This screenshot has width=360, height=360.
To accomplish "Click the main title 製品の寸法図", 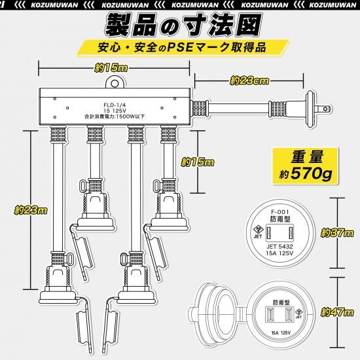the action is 183,26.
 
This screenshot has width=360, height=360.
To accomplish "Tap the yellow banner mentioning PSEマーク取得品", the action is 183,48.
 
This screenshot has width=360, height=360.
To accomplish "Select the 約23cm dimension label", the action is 249,81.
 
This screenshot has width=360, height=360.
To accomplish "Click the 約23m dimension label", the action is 31,210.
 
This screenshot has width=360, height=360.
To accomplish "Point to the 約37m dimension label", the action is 337,233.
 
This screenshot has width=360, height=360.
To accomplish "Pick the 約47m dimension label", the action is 337,312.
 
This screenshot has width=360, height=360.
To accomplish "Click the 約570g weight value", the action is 306,175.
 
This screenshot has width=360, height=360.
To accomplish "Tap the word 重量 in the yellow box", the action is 307,157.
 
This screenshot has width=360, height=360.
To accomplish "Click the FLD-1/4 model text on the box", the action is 115,105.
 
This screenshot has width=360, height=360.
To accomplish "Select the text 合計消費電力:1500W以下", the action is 115,117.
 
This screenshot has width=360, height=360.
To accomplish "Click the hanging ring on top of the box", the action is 115,82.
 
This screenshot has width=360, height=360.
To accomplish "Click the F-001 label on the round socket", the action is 280,212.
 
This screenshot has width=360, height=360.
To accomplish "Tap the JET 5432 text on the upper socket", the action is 279,247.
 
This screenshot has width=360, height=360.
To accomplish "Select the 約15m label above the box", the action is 111,68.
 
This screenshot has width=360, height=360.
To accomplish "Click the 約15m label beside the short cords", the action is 198,162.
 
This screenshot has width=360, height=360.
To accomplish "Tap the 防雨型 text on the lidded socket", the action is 281,302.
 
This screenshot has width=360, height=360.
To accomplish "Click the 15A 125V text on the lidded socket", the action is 281,333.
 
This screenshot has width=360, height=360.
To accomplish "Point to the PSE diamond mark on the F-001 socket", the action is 258,230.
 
